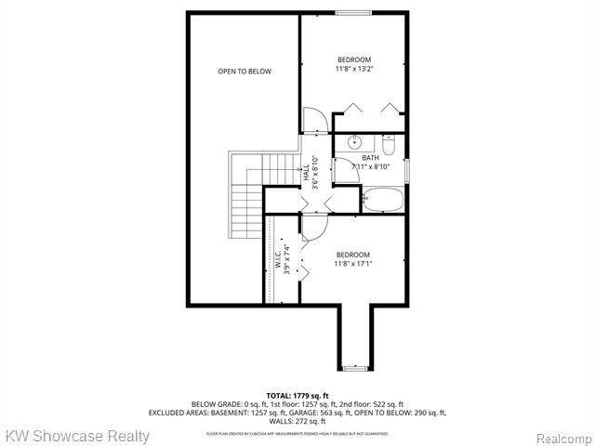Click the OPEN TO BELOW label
tap(245, 72)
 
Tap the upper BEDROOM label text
tap(353, 59)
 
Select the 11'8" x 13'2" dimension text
tap(353, 68)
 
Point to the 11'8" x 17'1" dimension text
tap(353, 263)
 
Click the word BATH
tap(370, 158)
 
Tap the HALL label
tap(306, 172)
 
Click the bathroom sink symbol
tap(353, 143)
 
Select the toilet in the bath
tap(389, 144)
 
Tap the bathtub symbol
tap(381, 198)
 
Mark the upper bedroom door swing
tap(313, 121)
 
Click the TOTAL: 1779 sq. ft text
tap(297, 396)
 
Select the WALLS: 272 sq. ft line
tap(297, 421)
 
